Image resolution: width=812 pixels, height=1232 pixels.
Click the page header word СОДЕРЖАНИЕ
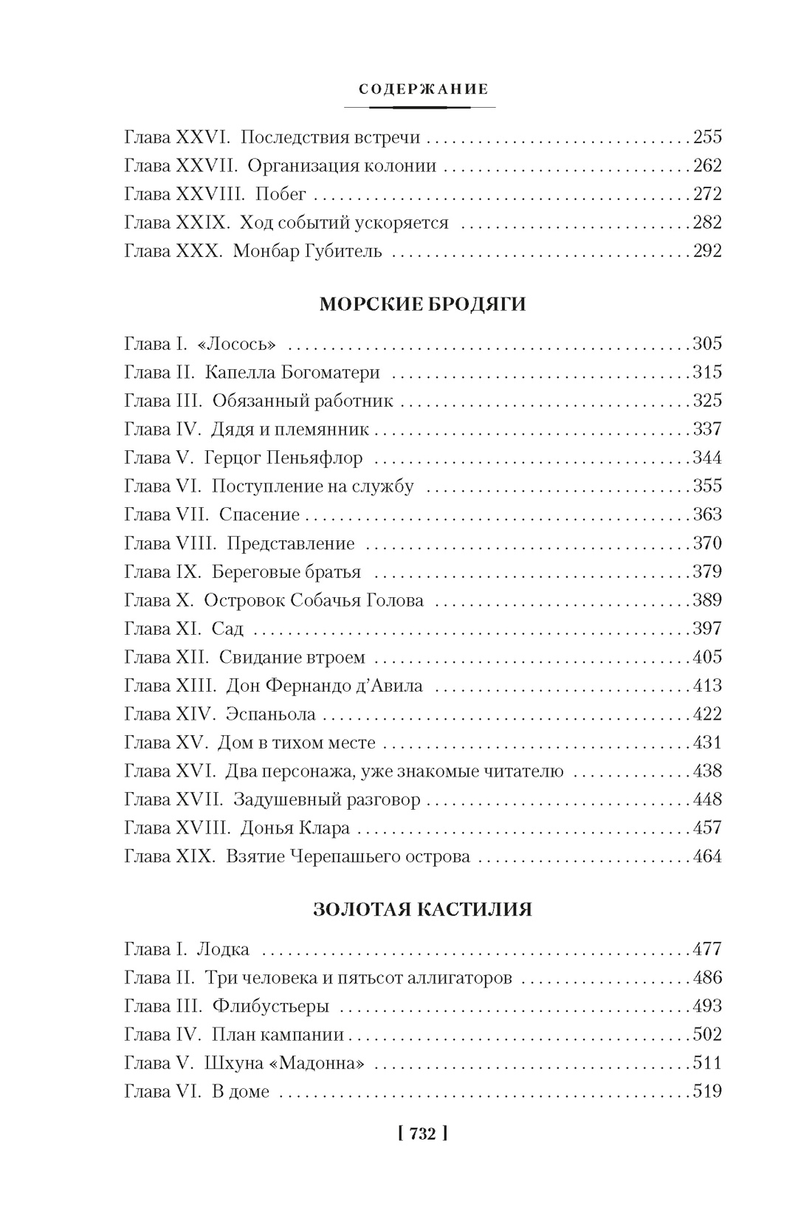(423, 89)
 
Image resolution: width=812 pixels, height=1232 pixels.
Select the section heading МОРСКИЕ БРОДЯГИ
(423, 304)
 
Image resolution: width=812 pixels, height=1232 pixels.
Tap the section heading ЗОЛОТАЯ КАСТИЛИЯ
(423, 909)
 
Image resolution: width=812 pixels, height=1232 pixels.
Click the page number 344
(706, 458)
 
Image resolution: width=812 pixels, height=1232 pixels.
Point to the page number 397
(706, 629)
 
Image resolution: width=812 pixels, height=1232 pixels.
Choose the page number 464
(706, 857)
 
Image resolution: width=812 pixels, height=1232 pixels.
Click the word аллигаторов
(461, 978)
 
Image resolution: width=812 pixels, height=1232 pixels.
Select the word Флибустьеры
(270, 1006)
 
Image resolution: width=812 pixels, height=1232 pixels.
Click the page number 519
(706, 1091)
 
